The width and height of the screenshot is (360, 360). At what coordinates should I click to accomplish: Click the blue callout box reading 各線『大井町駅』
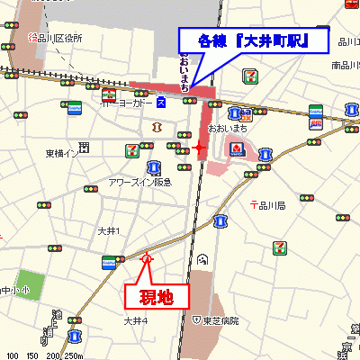[x=255, y=40]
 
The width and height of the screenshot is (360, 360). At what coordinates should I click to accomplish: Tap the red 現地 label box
[x=155, y=295]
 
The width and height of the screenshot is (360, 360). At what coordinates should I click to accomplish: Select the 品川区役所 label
[x=56, y=39]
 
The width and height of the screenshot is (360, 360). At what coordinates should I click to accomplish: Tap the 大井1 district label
[x=109, y=231]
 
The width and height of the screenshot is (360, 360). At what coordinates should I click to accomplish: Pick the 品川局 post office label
[x=267, y=206]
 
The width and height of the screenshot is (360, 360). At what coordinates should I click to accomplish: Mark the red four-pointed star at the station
[x=200, y=146]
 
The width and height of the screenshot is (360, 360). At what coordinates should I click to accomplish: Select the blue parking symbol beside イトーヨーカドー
[x=161, y=102]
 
